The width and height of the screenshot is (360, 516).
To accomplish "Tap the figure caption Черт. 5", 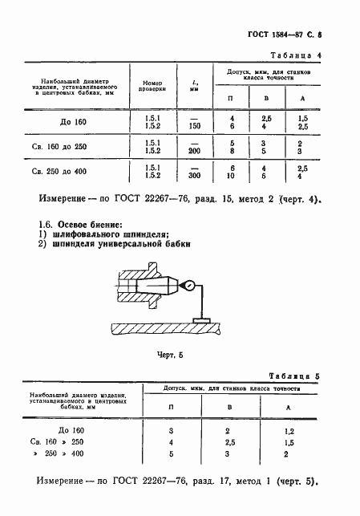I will click(x=175, y=351).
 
